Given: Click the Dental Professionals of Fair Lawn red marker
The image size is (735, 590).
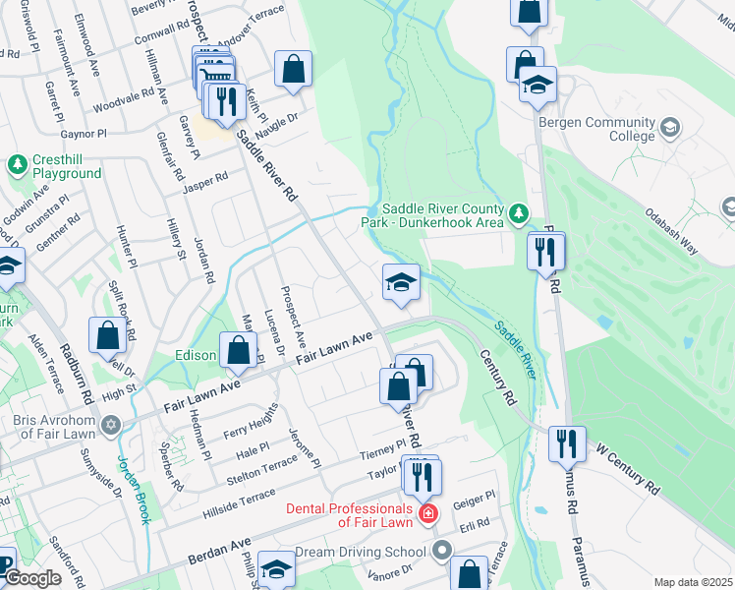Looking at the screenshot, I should (x=427, y=513).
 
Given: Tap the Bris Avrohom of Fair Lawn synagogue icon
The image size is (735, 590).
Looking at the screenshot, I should (x=110, y=426).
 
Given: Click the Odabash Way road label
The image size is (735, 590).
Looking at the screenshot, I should (x=671, y=231).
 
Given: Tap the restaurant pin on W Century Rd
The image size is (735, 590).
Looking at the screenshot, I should (x=567, y=444).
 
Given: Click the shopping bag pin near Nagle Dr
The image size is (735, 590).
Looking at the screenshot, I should (x=293, y=70).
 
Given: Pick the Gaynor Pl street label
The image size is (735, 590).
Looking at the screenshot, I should (x=84, y=133).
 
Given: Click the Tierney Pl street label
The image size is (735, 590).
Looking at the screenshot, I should (x=383, y=447).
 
